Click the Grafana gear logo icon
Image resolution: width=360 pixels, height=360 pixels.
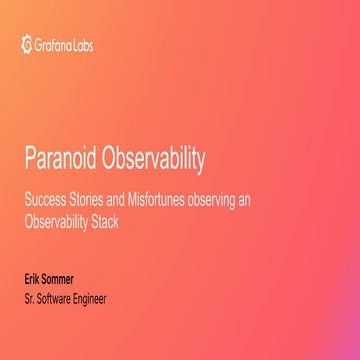click(26, 44)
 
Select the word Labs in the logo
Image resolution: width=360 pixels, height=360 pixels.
click(81, 44)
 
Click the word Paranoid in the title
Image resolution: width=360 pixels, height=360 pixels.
click(61, 161)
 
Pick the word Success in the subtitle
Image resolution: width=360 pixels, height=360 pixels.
click(43, 200)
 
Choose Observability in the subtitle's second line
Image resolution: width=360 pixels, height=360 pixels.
click(56, 222)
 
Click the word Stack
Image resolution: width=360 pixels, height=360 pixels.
click(106, 222)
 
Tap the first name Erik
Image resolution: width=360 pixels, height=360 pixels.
click(34, 280)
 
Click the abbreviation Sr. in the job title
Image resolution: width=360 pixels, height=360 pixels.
click(30, 298)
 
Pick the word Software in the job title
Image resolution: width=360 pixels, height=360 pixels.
click(57, 298)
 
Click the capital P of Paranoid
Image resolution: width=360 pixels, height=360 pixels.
click(29, 161)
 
